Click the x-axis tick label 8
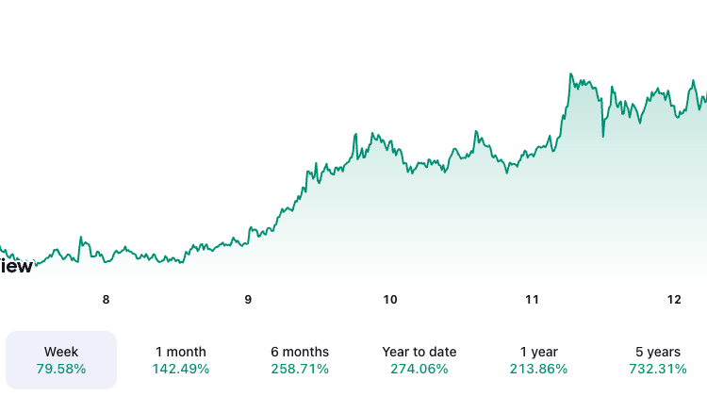(106, 300)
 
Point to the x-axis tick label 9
(248, 300)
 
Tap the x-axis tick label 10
(390, 300)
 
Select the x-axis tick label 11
(532, 300)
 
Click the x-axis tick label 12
(674, 300)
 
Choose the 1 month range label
(181, 352)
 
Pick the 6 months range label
(299, 352)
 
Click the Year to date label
(419, 352)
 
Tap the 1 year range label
(538, 352)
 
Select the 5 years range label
(657, 352)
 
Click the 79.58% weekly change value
(61, 369)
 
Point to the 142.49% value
(181, 369)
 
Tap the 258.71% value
(299, 369)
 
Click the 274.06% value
(419, 369)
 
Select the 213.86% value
(538, 369)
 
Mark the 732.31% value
(657, 369)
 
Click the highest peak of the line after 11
(571, 74)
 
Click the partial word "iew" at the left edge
(16, 266)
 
